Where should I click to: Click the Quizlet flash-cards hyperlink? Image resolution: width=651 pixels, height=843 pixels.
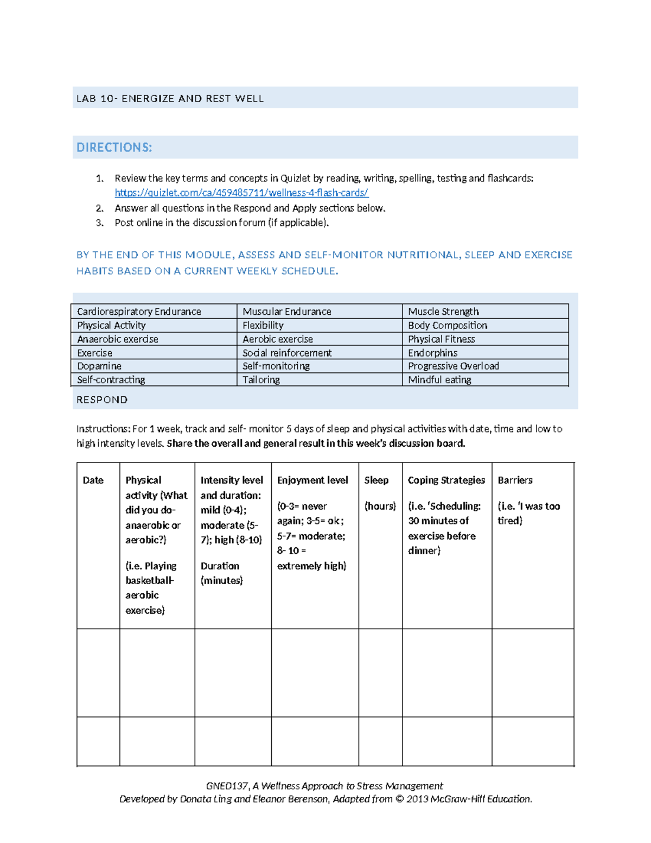click(x=241, y=193)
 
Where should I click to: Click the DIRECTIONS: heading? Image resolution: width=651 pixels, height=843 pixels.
click(x=114, y=148)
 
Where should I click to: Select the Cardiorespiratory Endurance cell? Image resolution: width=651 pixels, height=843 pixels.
click(x=139, y=312)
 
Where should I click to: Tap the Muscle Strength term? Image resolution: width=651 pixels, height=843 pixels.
click(x=443, y=312)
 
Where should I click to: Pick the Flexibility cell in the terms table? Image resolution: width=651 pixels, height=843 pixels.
click(x=263, y=325)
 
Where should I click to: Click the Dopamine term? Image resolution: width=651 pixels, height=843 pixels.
click(x=99, y=366)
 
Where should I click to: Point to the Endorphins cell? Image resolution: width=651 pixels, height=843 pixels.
click(x=433, y=353)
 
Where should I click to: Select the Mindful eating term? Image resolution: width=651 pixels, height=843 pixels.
click(x=439, y=380)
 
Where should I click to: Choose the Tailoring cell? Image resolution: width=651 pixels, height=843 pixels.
click(x=261, y=380)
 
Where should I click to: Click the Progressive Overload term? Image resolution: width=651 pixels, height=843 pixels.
click(x=454, y=366)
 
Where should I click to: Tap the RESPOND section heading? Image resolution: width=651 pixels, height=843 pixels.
click(x=102, y=400)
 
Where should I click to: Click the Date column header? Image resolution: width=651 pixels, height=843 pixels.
click(x=93, y=480)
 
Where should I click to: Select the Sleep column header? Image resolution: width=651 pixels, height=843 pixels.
click(x=376, y=480)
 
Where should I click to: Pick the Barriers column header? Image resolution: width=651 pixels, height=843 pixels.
click(x=515, y=480)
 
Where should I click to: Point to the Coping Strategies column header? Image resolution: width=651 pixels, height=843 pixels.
click(x=446, y=480)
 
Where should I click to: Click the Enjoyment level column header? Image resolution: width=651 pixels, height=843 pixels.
click(x=312, y=480)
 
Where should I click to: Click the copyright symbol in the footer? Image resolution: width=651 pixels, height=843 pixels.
click(x=399, y=799)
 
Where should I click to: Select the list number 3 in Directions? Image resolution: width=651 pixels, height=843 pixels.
click(x=99, y=223)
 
